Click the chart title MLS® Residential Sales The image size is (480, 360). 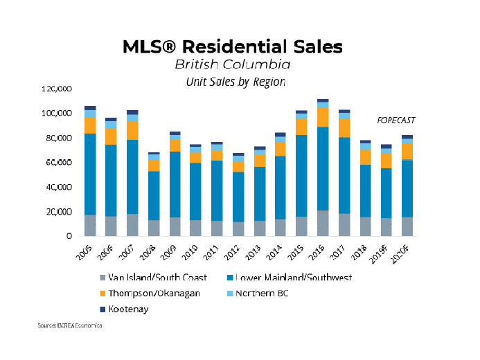232,47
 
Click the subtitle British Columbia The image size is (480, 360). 232,64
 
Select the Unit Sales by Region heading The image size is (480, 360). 235,81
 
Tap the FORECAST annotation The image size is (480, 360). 396,120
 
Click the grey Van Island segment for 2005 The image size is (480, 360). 90,225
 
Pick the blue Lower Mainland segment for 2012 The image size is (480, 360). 238,197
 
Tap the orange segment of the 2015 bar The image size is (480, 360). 301,127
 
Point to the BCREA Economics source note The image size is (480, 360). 70,325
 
